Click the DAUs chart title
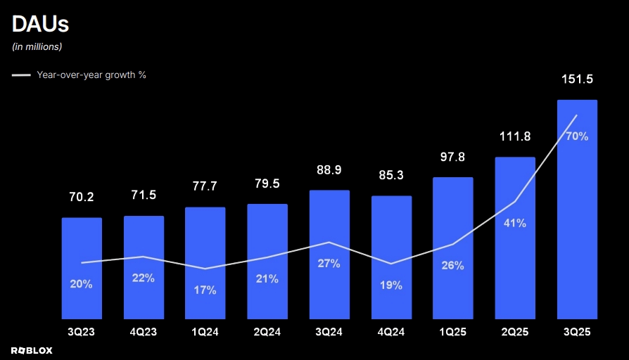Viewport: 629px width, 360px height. pos(40,25)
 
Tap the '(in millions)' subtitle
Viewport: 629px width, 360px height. pos(37,47)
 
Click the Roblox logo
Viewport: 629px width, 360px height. pos(32,349)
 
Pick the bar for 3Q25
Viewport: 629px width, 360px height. pos(577,211)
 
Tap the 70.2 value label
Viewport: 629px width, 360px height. pos(82,198)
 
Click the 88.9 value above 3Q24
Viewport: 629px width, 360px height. pos(329,170)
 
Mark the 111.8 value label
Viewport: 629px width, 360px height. pos(515,136)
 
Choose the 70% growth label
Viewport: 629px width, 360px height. pos(577,136)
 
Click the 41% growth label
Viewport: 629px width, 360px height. pos(515,223)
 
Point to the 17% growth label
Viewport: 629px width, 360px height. pos(205,289)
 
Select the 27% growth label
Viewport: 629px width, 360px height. pos(329,263)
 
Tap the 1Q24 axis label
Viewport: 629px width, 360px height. pos(205,330)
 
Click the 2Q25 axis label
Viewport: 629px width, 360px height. pos(515,330)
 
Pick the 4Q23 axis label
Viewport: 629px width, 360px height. pos(144,330)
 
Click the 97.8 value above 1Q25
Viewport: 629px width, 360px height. pos(453,157)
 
